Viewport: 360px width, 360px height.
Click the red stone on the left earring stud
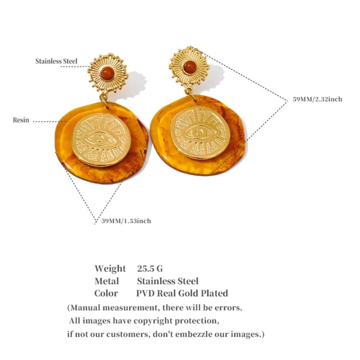click(x=107, y=73)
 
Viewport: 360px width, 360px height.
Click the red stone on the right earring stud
click(x=189, y=66)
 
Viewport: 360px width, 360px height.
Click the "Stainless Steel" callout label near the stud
click(x=56, y=61)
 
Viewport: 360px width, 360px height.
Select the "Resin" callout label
click(x=21, y=120)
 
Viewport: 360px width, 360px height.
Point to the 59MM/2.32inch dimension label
click(x=317, y=99)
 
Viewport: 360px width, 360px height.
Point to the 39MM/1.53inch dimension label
click(x=126, y=221)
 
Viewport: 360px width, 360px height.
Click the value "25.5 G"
click(x=150, y=269)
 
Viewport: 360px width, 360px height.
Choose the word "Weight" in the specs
click(x=110, y=269)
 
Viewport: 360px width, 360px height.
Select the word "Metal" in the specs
click(x=107, y=281)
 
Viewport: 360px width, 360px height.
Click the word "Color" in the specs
click(x=106, y=293)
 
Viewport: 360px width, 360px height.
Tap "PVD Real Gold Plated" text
click(x=182, y=293)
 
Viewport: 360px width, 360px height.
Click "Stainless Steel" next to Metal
click(x=167, y=281)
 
